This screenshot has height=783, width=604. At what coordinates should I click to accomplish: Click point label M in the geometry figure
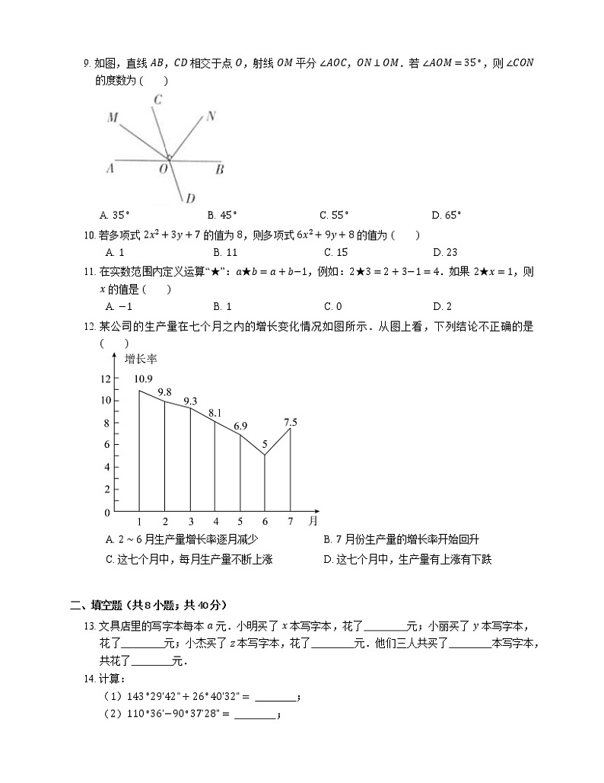[x=113, y=118]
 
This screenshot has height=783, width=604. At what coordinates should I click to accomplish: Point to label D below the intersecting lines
[x=190, y=199]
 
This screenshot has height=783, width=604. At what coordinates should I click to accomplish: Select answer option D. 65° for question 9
[x=447, y=215]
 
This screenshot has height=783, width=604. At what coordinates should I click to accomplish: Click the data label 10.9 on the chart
[x=142, y=379]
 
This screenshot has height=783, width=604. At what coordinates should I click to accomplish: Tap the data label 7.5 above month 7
[x=290, y=421]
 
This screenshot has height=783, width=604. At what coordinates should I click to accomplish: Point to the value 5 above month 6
[x=265, y=443]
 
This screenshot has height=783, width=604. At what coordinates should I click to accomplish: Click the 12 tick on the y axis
[x=105, y=379]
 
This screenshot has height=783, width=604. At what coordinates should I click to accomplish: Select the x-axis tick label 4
[x=215, y=522]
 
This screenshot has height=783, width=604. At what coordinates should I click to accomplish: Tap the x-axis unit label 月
[x=313, y=522]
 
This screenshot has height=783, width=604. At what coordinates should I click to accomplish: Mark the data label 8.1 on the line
[x=215, y=413]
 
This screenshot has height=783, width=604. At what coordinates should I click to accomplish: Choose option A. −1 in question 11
[x=119, y=306]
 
